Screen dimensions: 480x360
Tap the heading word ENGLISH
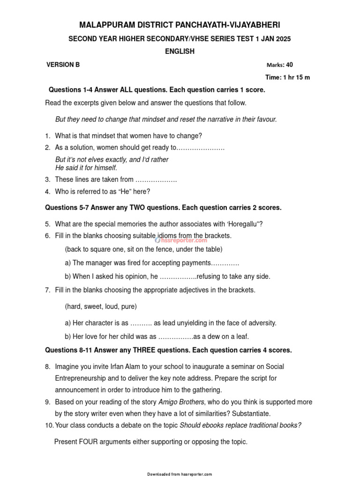point(180,52)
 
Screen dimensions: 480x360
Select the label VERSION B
point(63,65)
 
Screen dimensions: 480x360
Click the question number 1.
point(47,136)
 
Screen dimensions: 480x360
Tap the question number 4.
point(47,191)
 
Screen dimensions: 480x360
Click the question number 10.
point(49,425)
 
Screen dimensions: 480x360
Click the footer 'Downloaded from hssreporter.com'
point(180,474)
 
